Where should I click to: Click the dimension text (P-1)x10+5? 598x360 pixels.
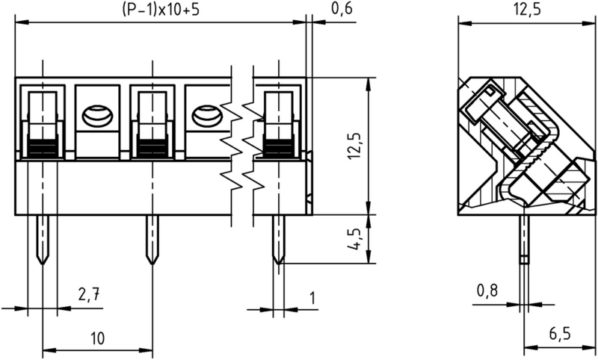pos(161,11)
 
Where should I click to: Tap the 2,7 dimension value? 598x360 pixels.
pos(89,296)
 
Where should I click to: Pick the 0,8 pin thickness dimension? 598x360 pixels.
pos(487,291)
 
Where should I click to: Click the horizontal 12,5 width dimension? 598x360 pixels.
pos(528,10)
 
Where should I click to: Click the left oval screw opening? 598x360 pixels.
pos(97,117)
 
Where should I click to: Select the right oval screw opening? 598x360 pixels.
pos(206,117)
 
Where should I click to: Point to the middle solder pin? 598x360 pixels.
pos(152,240)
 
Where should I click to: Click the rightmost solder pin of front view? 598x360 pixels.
pos(279,240)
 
